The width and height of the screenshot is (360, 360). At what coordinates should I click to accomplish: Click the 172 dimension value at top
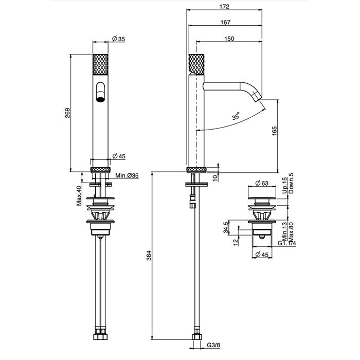click(224, 6)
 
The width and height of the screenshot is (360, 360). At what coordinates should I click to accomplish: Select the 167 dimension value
click(225, 22)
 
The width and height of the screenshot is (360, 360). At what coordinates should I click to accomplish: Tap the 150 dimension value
click(229, 39)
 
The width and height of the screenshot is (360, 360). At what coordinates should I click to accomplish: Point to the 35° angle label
click(236, 116)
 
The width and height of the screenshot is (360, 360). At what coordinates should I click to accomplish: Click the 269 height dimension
click(67, 113)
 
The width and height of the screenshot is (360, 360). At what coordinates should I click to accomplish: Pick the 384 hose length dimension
click(149, 255)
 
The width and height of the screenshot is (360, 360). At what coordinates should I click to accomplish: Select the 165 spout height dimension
click(274, 131)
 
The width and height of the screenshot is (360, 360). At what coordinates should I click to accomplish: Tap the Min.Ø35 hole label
click(127, 176)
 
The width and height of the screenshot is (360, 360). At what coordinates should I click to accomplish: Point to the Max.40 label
click(79, 196)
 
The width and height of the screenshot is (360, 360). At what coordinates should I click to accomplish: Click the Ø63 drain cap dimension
click(262, 183)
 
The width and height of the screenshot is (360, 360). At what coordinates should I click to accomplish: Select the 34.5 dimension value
click(226, 227)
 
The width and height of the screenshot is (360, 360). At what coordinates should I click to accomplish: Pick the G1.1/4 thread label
click(287, 243)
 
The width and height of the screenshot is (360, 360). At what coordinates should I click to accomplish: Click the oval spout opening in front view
click(100, 92)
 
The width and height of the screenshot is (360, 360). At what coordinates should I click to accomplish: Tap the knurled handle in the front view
click(100, 64)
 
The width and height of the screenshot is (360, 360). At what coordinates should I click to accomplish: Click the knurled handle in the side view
click(196, 64)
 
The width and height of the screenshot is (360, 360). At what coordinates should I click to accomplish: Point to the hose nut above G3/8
click(197, 336)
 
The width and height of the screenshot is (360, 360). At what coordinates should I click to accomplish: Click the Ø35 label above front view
click(119, 39)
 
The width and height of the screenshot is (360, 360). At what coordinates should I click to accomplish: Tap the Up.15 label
click(285, 185)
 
